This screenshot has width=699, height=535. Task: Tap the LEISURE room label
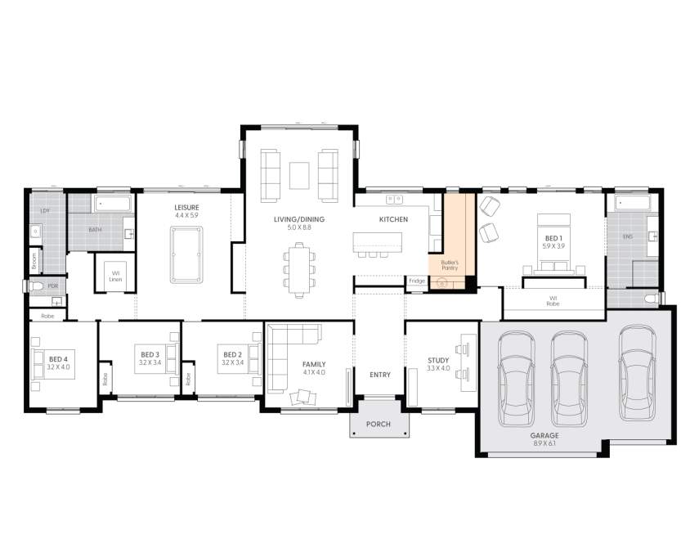(x=186, y=208)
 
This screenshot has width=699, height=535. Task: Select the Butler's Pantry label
(x=449, y=264)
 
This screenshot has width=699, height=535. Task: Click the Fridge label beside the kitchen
(x=417, y=281)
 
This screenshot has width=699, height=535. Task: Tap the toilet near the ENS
(x=651, y=299)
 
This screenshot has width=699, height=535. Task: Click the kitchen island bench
(x=378, y=242)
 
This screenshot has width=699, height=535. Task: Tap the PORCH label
(x=378, y=425)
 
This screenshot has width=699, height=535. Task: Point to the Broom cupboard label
(x=34, y=261)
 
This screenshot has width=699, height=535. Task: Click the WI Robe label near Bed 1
(x=553, y=300)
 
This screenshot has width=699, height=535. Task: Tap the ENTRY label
(x=379, y=375)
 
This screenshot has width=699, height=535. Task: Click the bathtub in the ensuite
(x=631, y=203)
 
